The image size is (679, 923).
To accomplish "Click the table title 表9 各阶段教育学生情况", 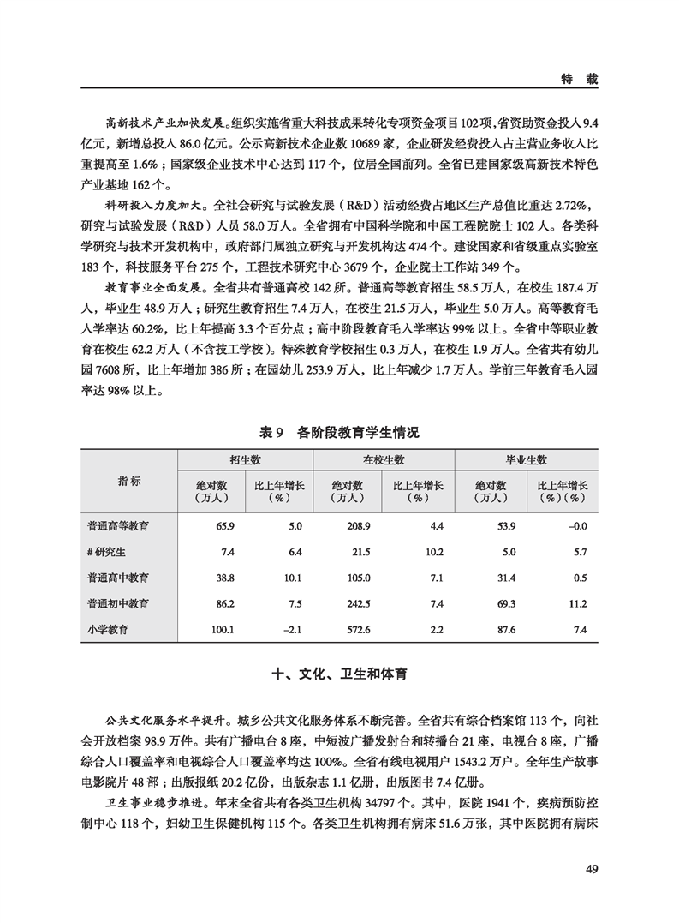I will pyautogui.click(x=339, y=434).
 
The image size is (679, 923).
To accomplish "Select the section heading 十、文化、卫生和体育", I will pyautogui.click(x=339, y=674).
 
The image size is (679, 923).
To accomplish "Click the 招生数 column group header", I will pyautogui.click(x=245, y=459).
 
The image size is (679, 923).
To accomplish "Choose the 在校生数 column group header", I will pyautogui.click(x=384, y=459).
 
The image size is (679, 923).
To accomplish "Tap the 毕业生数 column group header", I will pyautogui.click(x=527, y=459).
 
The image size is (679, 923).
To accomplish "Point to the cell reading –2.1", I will pyautogui.click(x=291, y=630).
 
